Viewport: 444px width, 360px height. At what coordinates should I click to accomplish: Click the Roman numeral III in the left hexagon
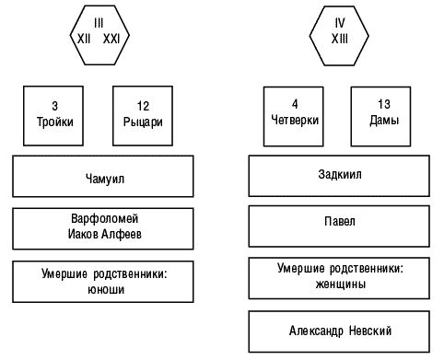click(99, 21)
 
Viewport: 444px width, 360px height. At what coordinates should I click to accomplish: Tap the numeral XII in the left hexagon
click(84, 38)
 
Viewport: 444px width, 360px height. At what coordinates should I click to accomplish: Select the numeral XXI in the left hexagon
click(111, 38)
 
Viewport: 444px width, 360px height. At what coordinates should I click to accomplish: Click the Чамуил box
click(103, 177)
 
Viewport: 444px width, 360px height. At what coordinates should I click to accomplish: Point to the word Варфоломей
click(103, 221)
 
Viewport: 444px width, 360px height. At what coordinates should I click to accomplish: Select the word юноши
click(103, 289)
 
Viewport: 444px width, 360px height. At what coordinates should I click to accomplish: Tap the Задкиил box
click(339, 177)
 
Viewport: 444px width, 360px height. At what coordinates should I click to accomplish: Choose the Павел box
click(339, 222)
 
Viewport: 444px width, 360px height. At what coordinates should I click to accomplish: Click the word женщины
click(339, 285)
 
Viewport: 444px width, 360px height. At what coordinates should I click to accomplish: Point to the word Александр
click(316, 330)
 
